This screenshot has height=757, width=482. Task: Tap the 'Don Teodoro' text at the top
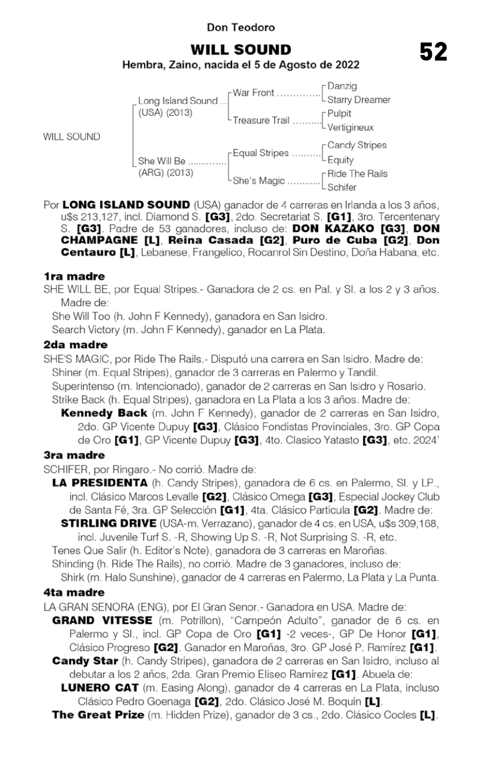pos(241,27)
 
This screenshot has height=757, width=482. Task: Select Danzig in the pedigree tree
pos(340,86)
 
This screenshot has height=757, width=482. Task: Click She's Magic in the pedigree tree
pos(258,181)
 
